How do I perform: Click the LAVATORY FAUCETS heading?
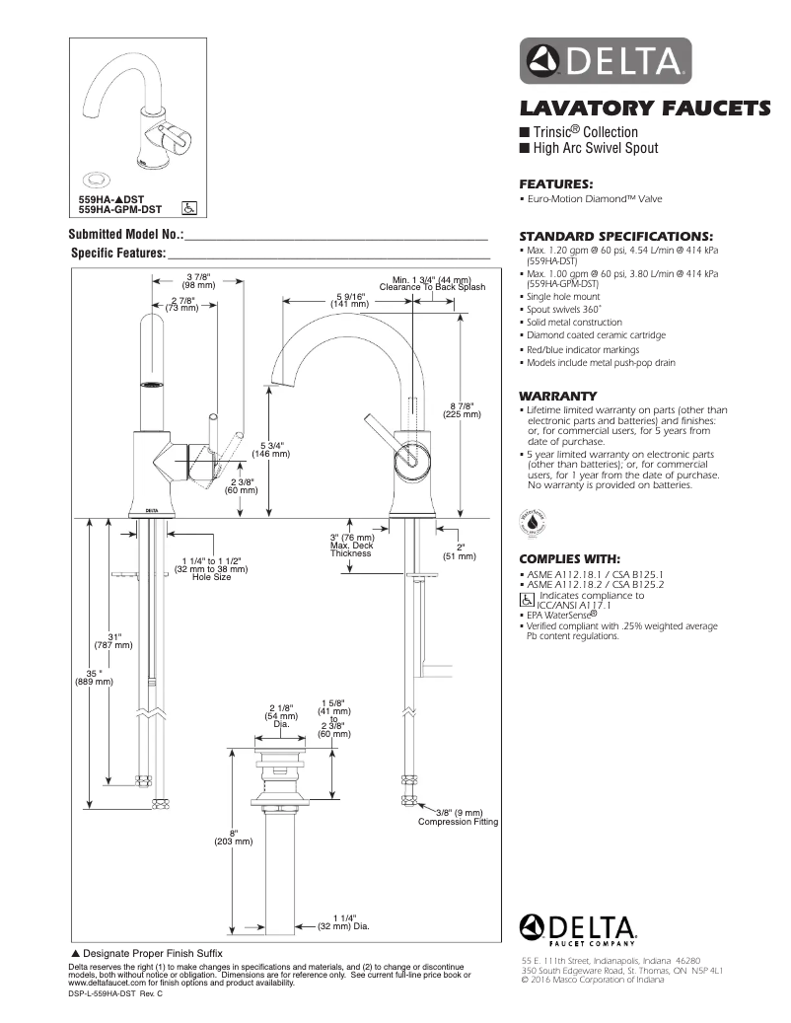[x=646, y=107]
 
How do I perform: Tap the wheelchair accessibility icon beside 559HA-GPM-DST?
[x=189, y=208]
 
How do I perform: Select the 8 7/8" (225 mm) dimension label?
[x=462, y=410]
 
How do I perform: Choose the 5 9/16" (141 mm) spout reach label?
[x=350, y=301]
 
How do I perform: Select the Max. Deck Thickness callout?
[x=351, y=546]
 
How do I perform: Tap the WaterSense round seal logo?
[x=530, y=519]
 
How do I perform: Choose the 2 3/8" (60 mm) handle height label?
[x=242, y=484]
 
